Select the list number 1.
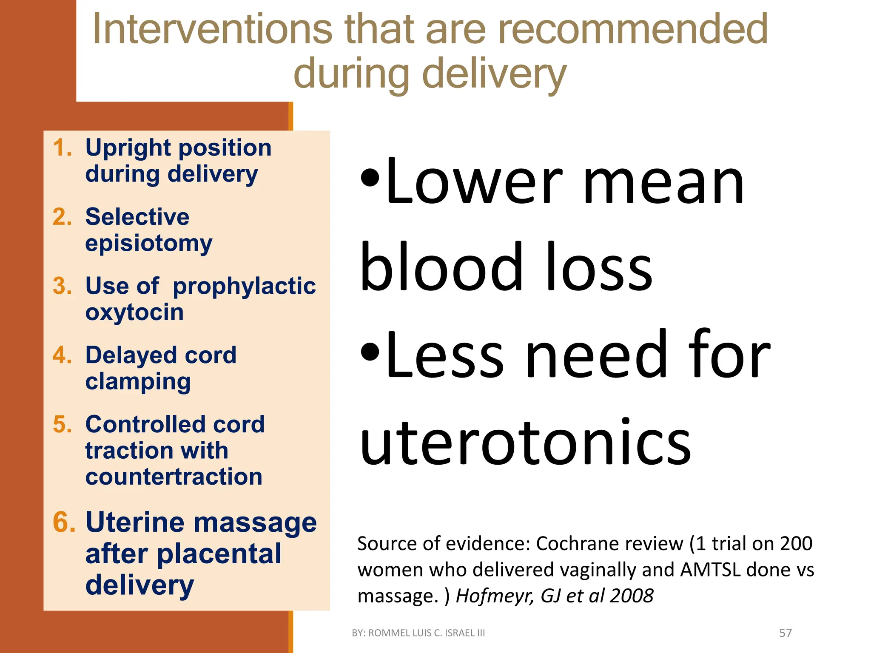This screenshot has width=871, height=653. tap(62, 148)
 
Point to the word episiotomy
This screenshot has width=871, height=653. tap(148, 244)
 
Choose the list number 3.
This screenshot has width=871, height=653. tap(62, 286)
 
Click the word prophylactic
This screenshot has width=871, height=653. tap(244, 286)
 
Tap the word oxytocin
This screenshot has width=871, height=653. tap(134, 312)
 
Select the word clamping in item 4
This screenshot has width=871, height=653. tap(138, 382)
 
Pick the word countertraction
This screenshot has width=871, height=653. tap(174, 477)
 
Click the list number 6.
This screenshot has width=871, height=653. tap(64, 522)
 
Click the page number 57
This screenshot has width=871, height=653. tap(785, 633)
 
